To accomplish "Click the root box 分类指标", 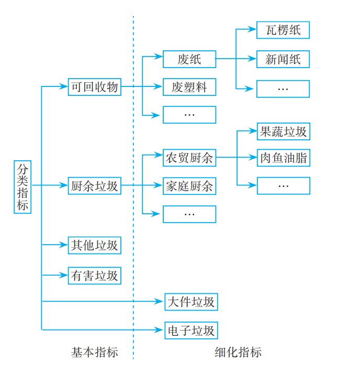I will (22, 187).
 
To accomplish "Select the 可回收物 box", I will (95, 87).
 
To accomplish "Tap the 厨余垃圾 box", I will (95, 185).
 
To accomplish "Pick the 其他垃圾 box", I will (95, 245).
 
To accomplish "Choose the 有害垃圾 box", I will (95, 276).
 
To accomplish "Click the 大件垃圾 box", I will (190, 302).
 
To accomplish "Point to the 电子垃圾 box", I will (190, 331).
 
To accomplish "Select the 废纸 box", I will (189, 59).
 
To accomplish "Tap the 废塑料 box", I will (189, 87).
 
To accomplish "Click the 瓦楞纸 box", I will (283, 30).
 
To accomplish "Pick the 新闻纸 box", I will (283, 59).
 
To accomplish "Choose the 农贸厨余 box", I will (189, 158).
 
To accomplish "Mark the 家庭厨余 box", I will (189, 185).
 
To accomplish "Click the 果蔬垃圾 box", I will (283, 131).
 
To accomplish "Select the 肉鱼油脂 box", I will (283, 158).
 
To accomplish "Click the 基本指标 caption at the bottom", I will (95, 353).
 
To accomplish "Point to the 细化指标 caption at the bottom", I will (238, 353).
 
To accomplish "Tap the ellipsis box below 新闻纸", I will (283, 89).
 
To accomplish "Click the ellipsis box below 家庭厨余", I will (189, 214).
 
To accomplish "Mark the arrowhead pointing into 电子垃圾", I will (161, 330).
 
